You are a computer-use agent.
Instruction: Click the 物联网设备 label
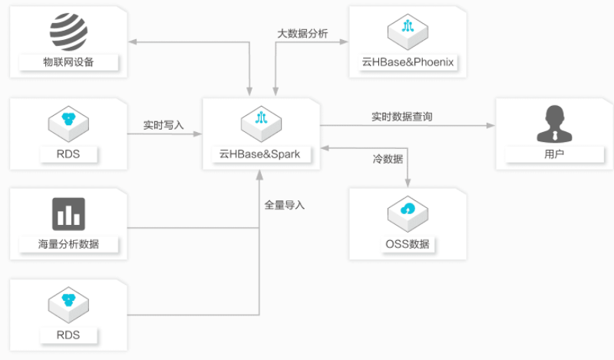coord(68,62)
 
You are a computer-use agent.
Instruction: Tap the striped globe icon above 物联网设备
coord(69,31)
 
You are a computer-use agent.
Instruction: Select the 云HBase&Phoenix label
coord(408,62)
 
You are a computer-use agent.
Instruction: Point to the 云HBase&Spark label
coord(261,154)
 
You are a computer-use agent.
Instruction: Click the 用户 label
coord(553,154)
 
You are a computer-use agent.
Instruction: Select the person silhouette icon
coord(553,124)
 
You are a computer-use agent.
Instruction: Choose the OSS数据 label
coord(408,245)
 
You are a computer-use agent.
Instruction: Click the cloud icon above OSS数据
coord(408,212)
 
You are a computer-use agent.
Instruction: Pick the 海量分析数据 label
coord(68,245)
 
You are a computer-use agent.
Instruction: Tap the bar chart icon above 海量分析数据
coord(68,213)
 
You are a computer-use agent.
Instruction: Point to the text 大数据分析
coord(302,34)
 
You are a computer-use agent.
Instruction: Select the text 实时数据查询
coord(401,117)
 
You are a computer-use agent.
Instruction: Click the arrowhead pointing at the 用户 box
coord(491,125)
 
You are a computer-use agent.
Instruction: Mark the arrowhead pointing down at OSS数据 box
coord(407,183)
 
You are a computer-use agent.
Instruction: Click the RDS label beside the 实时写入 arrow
coord(68,154)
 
